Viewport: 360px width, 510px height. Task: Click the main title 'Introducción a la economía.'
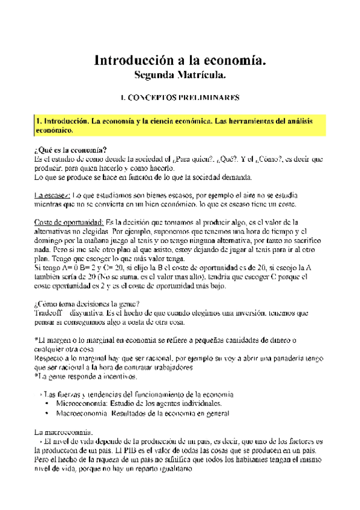tap(180, 61)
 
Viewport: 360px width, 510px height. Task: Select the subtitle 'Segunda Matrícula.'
tap(180, 76)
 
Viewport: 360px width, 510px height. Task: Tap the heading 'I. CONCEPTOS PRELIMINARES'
tap(180, 97)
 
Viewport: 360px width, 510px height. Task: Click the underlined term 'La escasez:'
tap(53, 196)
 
